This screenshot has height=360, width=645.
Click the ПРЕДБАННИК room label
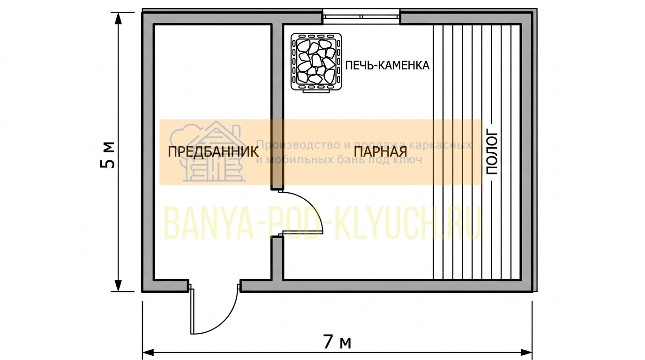(213, 152)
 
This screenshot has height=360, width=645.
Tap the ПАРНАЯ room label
(380, 152)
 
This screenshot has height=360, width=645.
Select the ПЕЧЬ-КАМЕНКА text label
(387, 65)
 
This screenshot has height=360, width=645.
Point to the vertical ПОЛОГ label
(492, 153)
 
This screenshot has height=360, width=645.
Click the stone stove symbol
(316, 62)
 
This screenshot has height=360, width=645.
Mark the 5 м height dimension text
(108, 155)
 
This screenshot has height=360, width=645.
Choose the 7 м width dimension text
(337, 342)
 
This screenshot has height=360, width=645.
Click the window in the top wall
(361, 16)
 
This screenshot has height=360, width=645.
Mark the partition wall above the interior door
(277, 107)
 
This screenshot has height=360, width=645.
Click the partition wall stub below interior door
(277, 258)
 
